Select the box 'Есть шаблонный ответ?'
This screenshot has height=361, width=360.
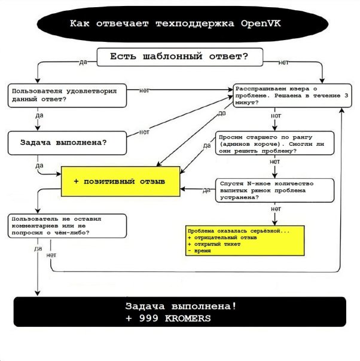(x=179, y=57)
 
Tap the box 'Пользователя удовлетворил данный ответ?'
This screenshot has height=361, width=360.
(x=68, y=94)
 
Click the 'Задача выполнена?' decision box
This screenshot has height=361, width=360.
(x=68, y=143)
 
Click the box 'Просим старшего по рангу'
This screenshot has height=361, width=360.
(x=274, y=143)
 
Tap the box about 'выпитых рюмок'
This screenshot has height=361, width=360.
(x=274, y=191)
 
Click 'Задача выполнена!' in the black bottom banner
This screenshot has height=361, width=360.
(x=181, y=306)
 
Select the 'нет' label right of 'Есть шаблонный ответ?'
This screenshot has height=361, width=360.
(x=284, y=62)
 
